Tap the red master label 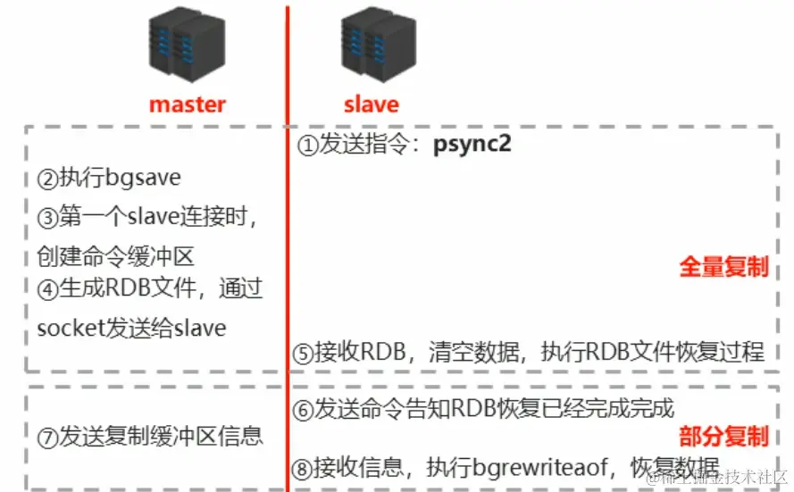tap(188, 104)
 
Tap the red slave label tap(371, 104)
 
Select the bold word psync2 tap(472, 144)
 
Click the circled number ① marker tap(307, 146)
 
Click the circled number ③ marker tap(47, 217)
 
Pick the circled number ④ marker tap(47, 290)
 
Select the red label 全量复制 tap(723, 266)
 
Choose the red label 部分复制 tap(723, 436)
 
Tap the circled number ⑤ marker tap(303, 353)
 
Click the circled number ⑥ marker tap(303, 409)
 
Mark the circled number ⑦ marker tap(47, 437)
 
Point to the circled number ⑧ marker tap(303, 467)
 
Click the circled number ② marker tap(47, 179)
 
